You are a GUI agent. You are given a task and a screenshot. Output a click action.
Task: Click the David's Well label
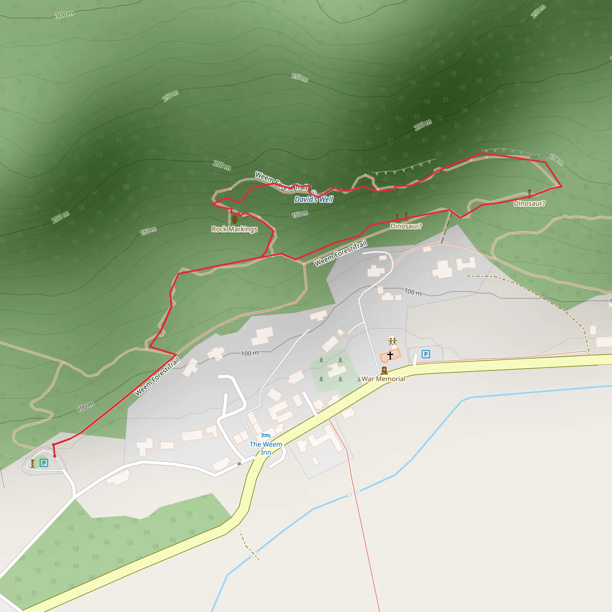(313, 199)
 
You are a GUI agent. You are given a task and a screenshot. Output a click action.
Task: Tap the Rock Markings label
(234, 229)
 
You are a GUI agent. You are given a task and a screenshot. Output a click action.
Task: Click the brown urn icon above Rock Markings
(234, 219)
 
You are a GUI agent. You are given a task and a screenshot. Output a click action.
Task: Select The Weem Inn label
(266, 448)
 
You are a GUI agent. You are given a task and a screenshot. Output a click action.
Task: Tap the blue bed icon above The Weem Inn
(266, 436)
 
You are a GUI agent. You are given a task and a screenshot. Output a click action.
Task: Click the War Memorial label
(383, 379)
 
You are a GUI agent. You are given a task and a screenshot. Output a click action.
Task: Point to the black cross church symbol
(390, 355)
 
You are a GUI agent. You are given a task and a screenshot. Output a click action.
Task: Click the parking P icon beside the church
(426, 354)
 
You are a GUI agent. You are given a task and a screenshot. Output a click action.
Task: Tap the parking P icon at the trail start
(44, 463)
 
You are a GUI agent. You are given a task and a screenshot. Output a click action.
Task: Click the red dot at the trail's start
(55, 456)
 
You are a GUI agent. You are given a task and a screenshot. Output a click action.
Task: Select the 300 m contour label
(64, 15)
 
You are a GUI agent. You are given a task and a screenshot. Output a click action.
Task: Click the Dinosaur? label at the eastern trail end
(529, 204)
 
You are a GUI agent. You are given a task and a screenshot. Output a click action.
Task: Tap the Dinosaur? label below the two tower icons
(406, 226)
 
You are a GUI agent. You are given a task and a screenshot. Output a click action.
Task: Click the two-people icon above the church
(392, 342)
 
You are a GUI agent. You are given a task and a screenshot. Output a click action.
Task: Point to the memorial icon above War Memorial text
(384, 370)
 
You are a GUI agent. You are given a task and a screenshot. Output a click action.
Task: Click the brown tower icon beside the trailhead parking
(32, 463)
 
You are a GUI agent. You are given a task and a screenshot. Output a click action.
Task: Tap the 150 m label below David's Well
(300, 215)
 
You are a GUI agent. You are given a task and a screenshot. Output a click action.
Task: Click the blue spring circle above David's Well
(313, 192)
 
